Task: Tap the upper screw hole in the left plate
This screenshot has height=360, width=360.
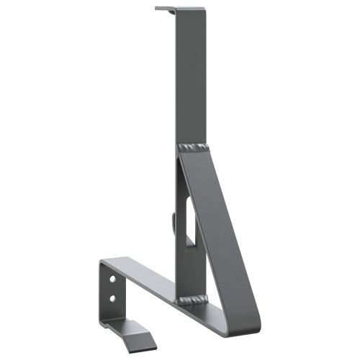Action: point(112,277)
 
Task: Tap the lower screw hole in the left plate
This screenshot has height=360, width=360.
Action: point(112,296)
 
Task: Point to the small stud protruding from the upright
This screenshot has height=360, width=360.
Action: point(173,219)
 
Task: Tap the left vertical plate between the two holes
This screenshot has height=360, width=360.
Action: point(112,287)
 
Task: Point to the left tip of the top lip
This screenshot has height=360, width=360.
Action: point(157,9)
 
